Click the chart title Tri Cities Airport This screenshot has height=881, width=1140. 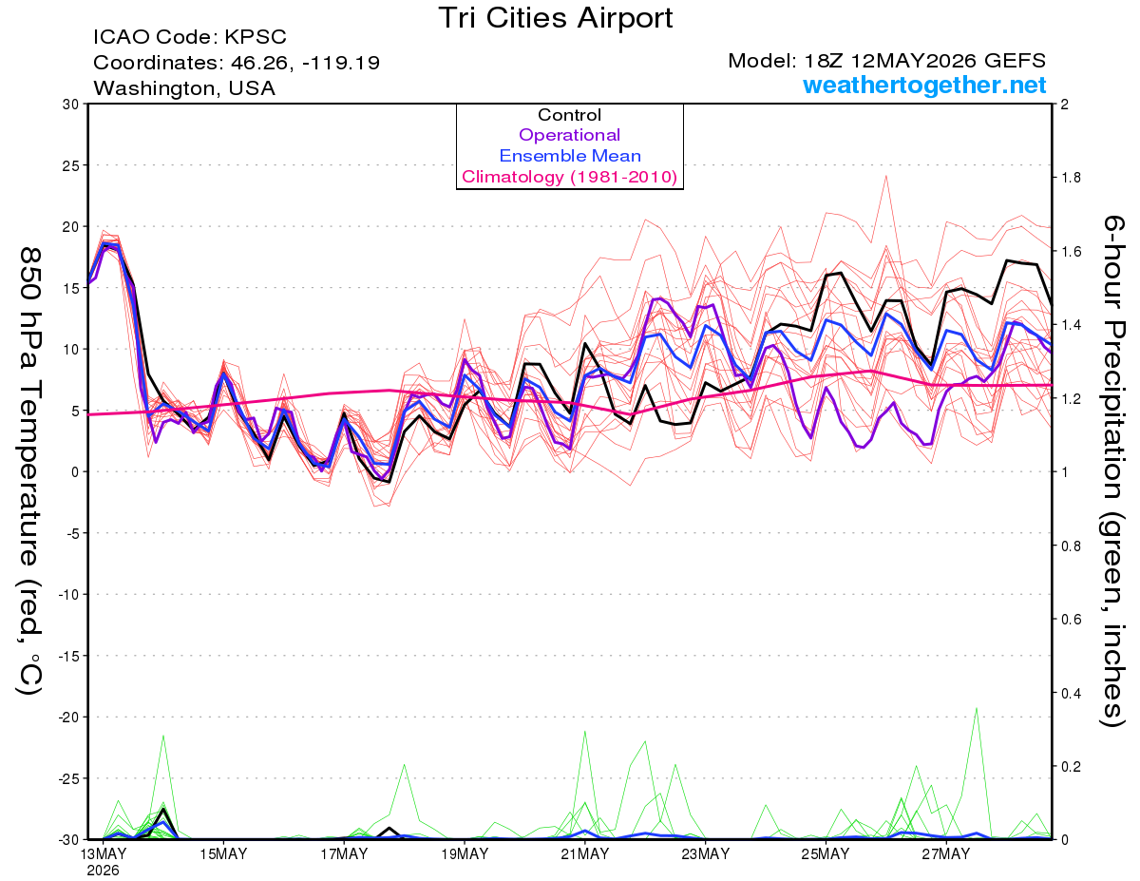coord(555,18)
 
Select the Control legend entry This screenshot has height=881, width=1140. coord(569,115)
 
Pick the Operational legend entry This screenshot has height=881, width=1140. coord(569,135)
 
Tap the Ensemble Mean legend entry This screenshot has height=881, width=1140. coord(570,156)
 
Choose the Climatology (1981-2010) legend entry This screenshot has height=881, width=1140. coord(570,177)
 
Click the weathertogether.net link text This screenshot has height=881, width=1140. coord(924,86)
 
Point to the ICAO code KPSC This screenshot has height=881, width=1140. coord(256,37)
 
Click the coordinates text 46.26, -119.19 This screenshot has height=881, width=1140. coord(305,63)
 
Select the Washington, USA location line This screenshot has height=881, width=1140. coord(184,88)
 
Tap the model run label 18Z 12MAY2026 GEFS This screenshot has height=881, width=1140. coord(925,61)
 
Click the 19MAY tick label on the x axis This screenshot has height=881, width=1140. coord(465,854)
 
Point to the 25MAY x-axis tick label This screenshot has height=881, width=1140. coord(826,854)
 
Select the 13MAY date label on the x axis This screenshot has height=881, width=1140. coord(104,854)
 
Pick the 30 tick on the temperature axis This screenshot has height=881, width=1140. coord(71,105)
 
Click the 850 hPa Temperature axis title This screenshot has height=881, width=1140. coord(29,471)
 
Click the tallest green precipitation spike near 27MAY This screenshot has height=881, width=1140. coord(976,709)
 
